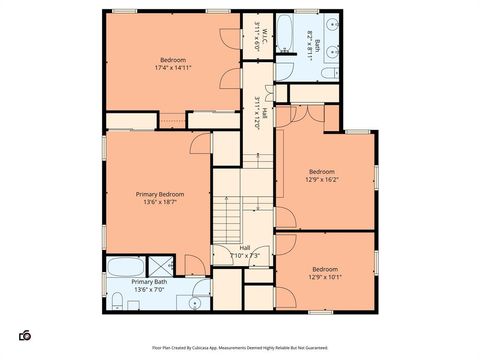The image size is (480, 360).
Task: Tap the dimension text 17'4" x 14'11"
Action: click(x=172, y=68)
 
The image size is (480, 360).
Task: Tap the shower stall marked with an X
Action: click(x=161, y=268)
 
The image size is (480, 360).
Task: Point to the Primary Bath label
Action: click(x=149, y=283)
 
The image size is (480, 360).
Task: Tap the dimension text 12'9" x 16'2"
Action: click(x=323, y=180)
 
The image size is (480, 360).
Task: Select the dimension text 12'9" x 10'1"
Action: click(x=326, y=277)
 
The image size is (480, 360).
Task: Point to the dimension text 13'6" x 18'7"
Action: click(x=160, y=202)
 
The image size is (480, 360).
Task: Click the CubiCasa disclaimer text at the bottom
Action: click(x=239, y=348)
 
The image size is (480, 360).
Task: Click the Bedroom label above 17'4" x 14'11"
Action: click(x=172, y=60)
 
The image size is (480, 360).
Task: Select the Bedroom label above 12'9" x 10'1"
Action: click(x=326, y=269)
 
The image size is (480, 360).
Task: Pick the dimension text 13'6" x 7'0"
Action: click(x=149, y=290)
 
